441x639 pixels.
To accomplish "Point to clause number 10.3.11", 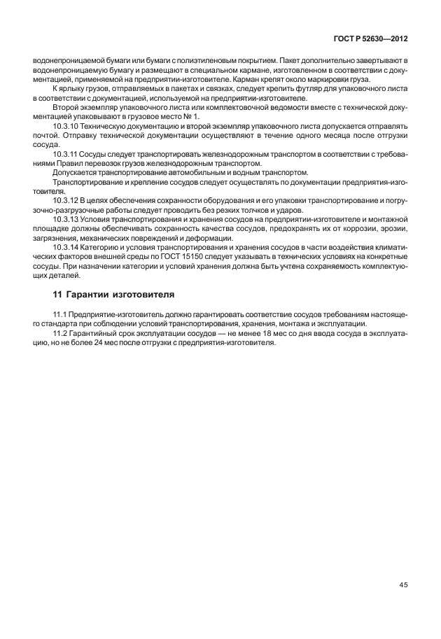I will (65, 152).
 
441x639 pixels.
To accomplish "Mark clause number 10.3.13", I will (65, 219).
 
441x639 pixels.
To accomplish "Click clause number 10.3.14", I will (65, 247).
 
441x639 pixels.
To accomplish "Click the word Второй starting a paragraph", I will (65, 106).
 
